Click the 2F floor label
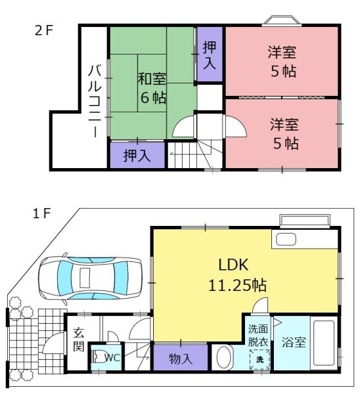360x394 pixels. (x=43, y=31)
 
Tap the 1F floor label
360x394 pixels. (x=42, y=214)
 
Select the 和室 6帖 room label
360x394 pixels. (x=152, y=88)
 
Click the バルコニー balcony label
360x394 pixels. (x=95, y=101)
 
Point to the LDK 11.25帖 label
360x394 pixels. (x=237, y=274)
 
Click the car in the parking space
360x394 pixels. (x=90, y=278)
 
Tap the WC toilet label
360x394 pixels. (x=112, y=357)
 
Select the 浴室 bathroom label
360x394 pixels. (x=294, y=342)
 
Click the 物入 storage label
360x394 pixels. (x=181, y=359)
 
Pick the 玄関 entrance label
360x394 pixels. (x=79, y=339)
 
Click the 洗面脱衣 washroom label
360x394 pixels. (x=258, y=335)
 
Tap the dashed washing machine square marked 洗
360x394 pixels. (x=259, y=359)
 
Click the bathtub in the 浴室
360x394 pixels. (x=324, y=343)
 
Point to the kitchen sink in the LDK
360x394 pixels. (x=286, y=239)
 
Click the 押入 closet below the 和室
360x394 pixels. (x=137, y=155)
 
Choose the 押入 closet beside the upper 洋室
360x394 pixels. (x=210, y=54)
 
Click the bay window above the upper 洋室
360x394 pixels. (x=282, y=20)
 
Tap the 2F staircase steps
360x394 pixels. (x=186, y=154)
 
